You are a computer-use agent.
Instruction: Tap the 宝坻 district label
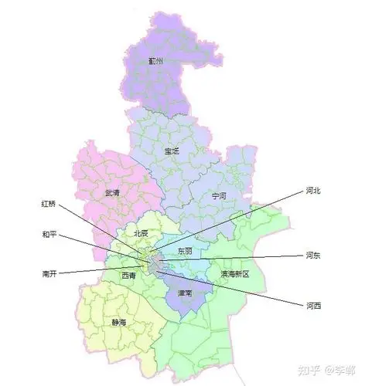tap(171, 151)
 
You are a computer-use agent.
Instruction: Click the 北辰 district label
tap(141, 232)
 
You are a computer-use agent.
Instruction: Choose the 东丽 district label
tap(185, 252)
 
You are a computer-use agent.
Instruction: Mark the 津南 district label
tap(184, 294)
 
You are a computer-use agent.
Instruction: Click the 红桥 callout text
tap(49, 205)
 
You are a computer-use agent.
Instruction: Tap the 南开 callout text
tap(49, 273)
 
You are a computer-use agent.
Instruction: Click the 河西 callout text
tap(313, 306)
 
